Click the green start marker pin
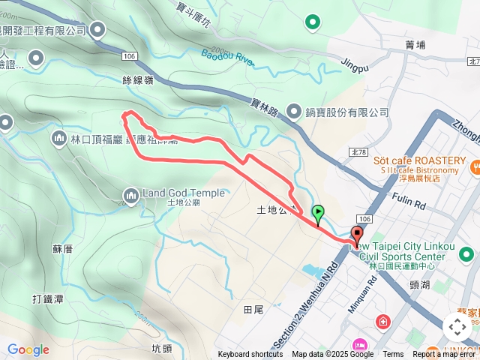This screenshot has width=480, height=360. [x=318, y=213]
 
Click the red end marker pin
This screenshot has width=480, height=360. [x=356, y=234]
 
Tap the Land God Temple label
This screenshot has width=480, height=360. [x=183, y=193]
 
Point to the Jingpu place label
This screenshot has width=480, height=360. [x=355, y=65]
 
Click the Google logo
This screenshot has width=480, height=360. [x=28, y=349]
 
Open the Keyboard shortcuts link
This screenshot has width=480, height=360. [x=250, y=355]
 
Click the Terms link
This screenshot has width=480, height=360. [x=393, y=355]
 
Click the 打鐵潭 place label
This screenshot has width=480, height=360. [x=47, y=299]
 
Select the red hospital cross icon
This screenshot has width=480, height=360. [x=384, y=322]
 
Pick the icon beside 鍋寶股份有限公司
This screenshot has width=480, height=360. [x=293, y=112]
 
